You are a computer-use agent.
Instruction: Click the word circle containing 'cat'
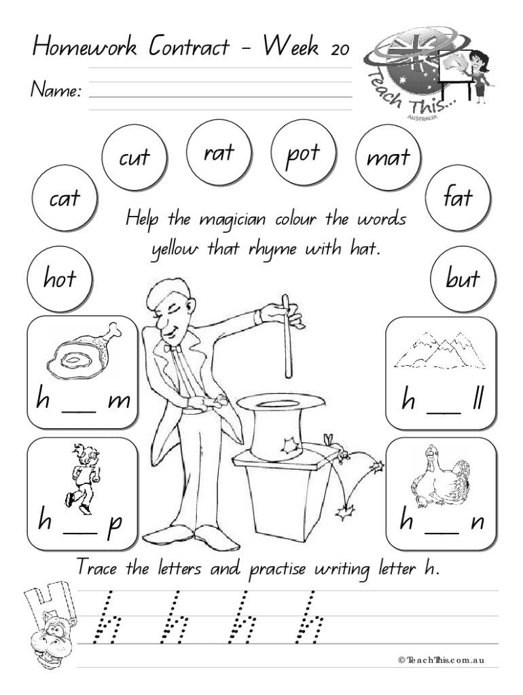click(65, 199)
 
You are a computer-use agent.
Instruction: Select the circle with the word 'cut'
click(134, 157)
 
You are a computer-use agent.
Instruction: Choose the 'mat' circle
click(389, 157)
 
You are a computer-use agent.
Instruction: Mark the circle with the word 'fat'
click(458, 198)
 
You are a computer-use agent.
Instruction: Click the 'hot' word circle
click(60, 279)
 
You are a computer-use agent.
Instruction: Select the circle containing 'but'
click(463, 279)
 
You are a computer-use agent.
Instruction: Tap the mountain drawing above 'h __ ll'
click(439, 351)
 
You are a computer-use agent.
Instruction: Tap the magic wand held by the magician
click(287, 337)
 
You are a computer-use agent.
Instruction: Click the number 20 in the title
click(340, 49)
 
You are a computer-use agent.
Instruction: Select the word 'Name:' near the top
click(56, 90)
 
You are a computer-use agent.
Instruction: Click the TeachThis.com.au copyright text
click(441, 660)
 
